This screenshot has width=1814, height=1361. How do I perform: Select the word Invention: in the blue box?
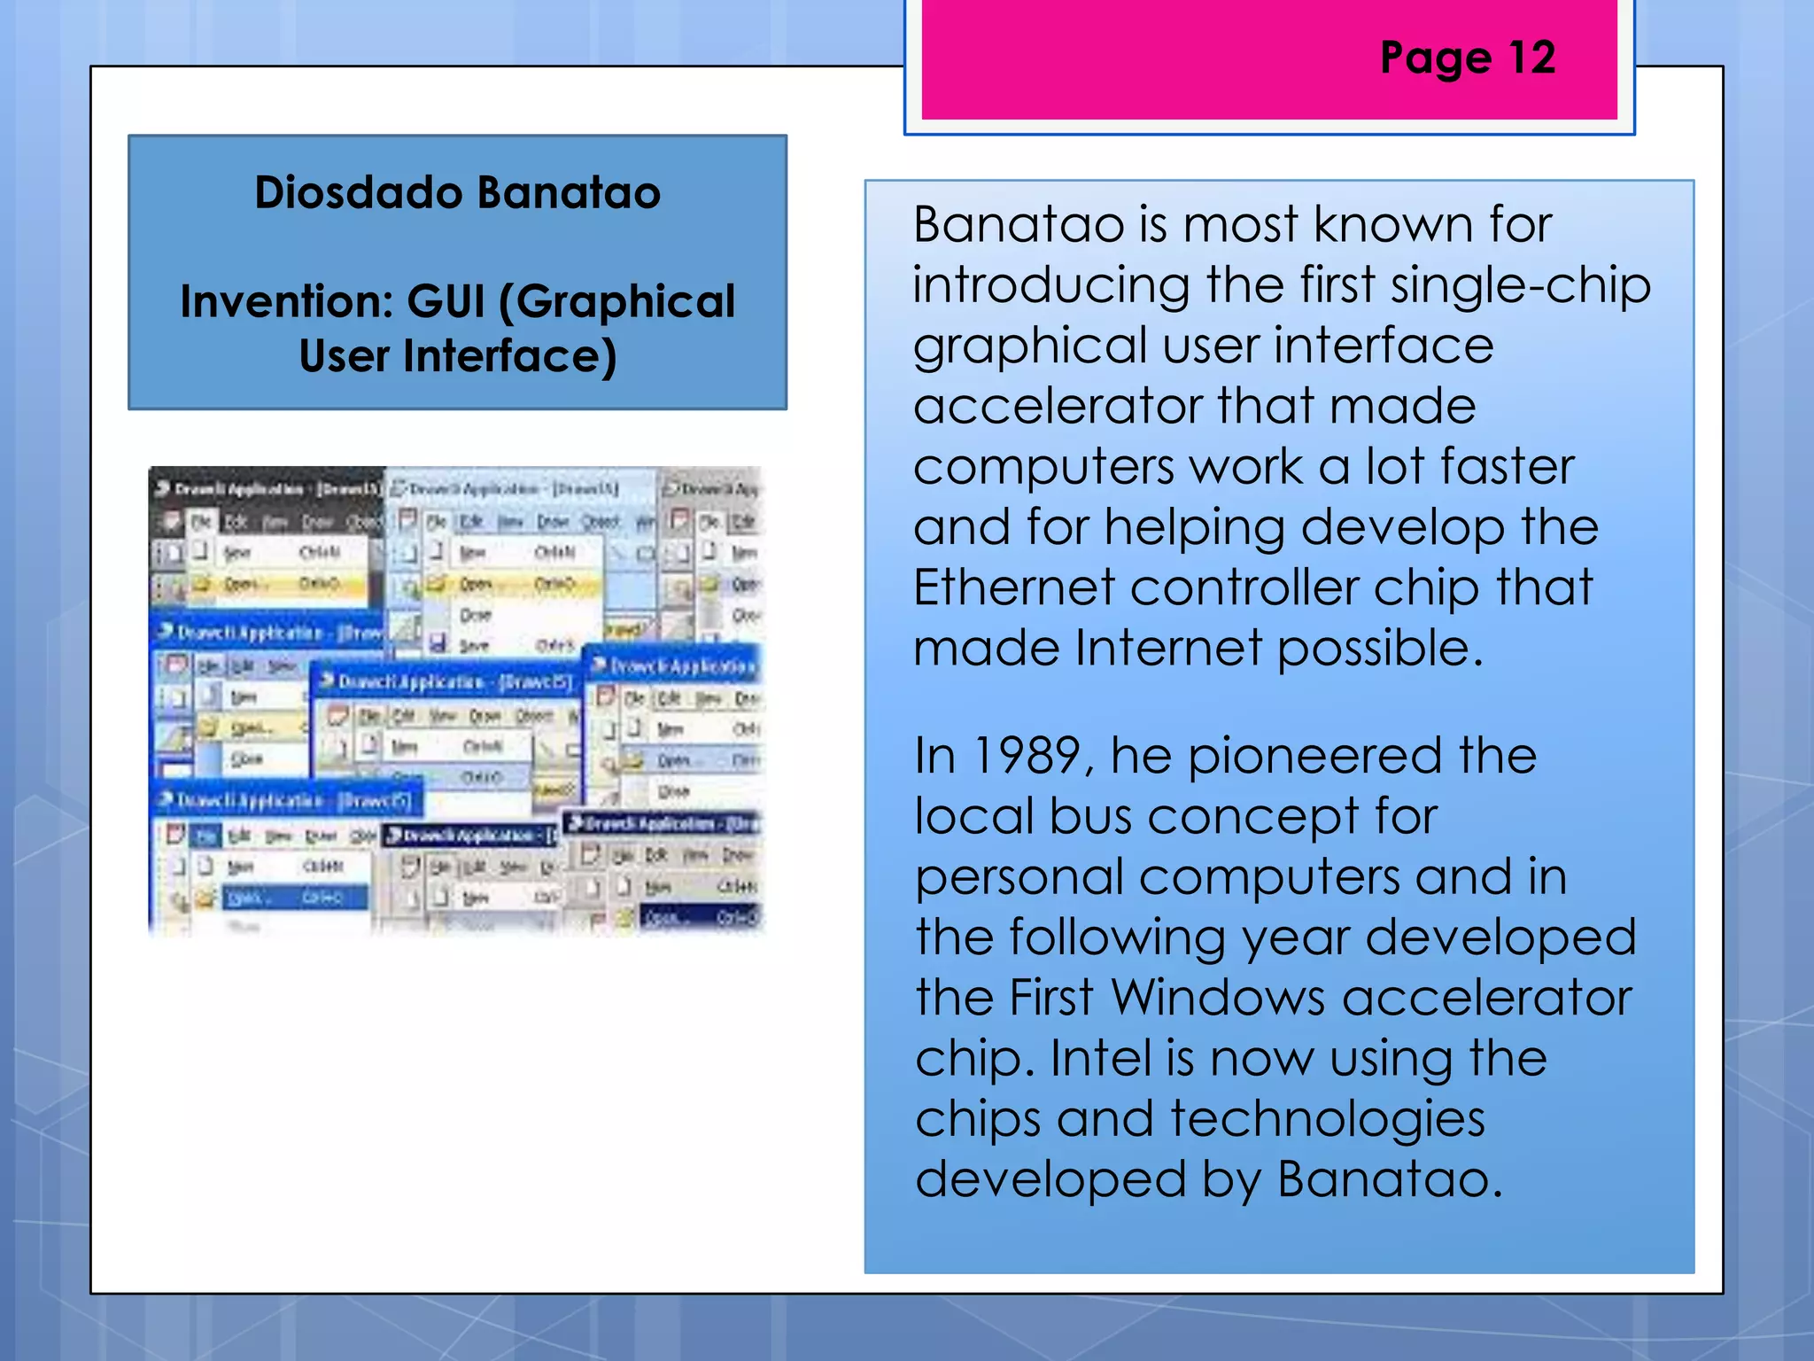click(x=286, y=301)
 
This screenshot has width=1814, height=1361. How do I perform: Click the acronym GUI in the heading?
click(x=446, y=301)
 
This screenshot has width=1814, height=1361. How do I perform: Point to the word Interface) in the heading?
click(x=509, y=356)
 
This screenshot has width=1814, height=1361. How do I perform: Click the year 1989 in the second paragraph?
click(x=1026, y=756)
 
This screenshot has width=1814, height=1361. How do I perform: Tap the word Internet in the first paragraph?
click(x=1168, y=648)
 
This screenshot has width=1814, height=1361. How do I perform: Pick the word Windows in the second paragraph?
click(x=1217, y=998)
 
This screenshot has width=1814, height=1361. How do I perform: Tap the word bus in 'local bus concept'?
click(x=1090, y=816)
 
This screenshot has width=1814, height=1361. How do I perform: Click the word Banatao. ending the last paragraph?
click(x=1390, y=1179)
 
